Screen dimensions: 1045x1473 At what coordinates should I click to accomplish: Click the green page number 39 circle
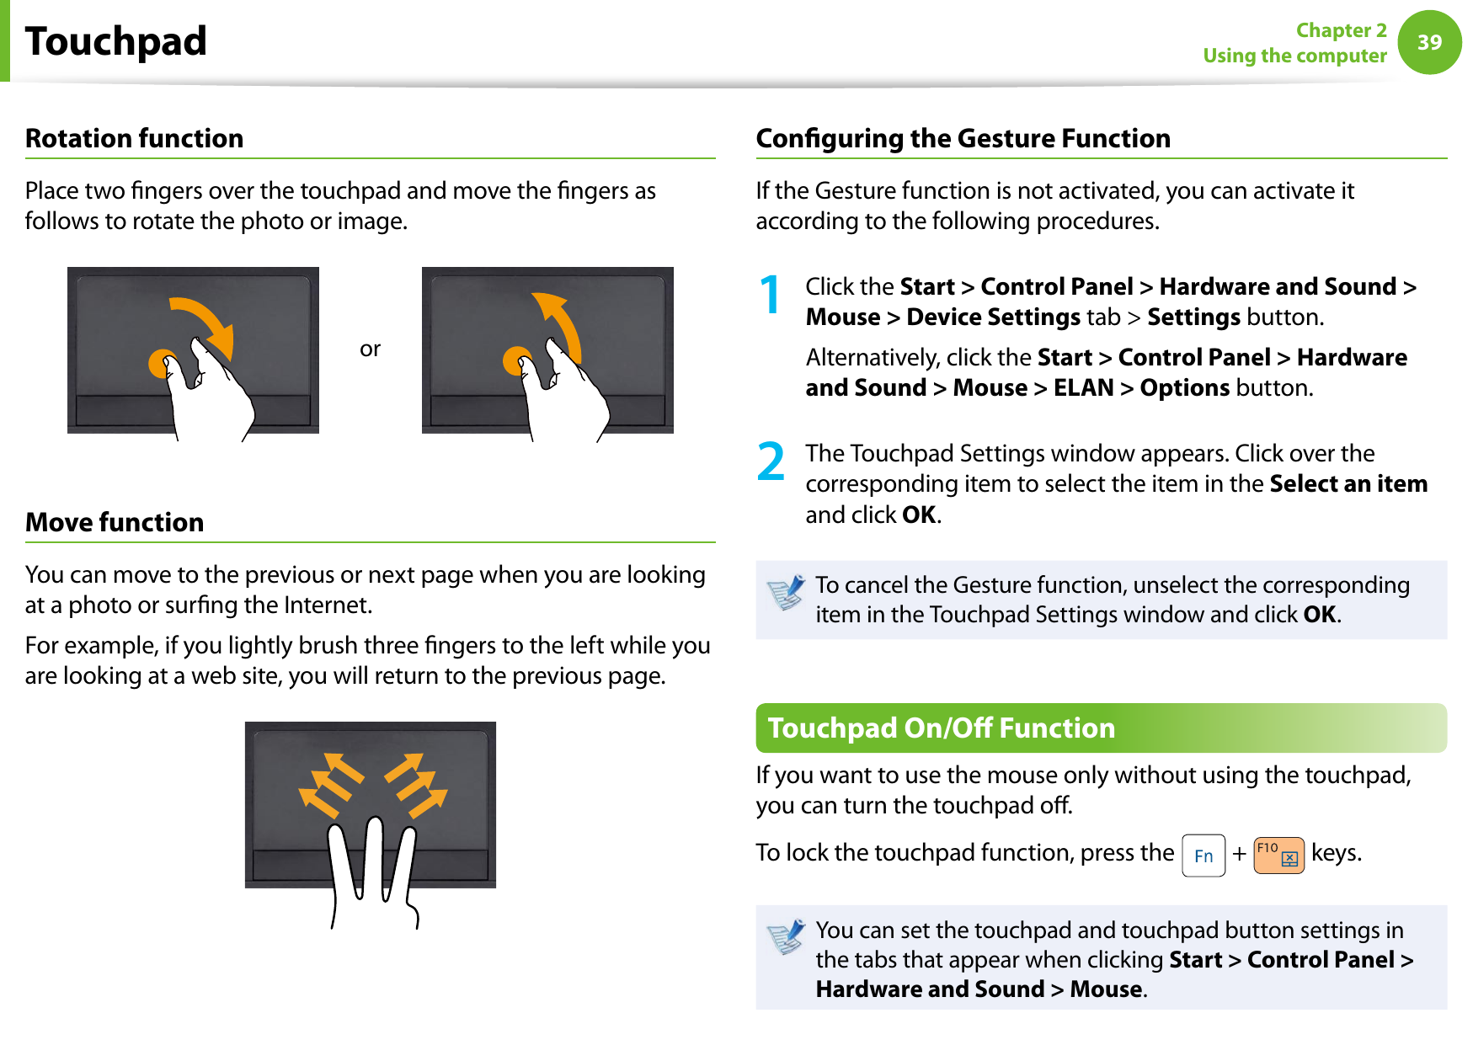[x=1429, y=42]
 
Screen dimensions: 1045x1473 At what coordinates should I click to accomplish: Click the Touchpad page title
[x=116, y=41]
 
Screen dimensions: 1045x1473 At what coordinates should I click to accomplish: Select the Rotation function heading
[x=135, y=138]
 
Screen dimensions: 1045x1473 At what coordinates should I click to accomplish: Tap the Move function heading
[x=115, y=522]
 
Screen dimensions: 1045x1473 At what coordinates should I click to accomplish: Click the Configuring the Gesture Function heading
[x=963, y=138]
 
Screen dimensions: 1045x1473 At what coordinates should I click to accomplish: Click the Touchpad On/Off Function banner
[x=941, y=728]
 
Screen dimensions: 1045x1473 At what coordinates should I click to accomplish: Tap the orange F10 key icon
[x=1278, y=855]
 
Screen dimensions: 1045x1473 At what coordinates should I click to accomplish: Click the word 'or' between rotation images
[x=370, y=349]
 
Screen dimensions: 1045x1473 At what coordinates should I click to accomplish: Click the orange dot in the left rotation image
[x=161, y=363]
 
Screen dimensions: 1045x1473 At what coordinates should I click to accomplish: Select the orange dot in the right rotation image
[x=515, y=361]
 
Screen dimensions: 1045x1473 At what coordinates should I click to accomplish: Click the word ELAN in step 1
[x=1083, y=387]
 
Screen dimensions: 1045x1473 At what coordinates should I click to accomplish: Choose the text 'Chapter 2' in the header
[x=1341, y=30]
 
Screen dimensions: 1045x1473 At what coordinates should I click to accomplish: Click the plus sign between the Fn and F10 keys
[x=1239, y=854]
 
